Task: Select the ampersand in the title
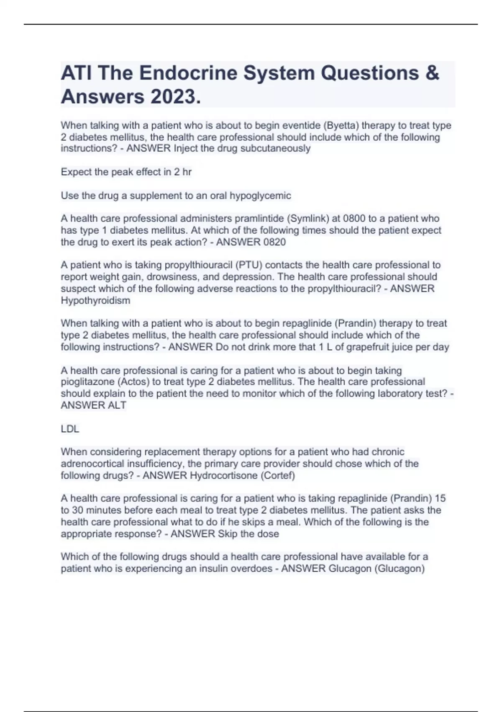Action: click(433, 73)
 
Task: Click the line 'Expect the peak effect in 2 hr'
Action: click(126, 172)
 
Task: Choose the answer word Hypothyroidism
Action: click(95, 300)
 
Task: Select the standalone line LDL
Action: click(70, 429)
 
